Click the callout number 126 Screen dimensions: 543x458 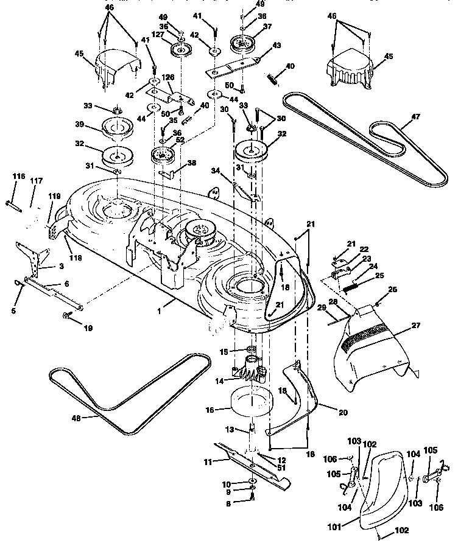pyautogui.click(x=167, y=77)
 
